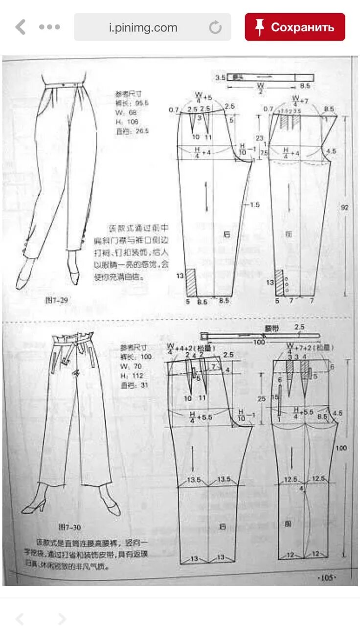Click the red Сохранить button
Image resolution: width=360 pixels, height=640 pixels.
[295, 27]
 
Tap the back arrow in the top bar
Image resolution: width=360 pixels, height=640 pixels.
[21, 27]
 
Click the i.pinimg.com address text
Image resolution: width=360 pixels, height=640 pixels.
[143, 27]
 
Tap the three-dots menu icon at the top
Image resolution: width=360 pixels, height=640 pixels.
[49, 27]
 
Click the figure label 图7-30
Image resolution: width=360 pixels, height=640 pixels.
[69, 527]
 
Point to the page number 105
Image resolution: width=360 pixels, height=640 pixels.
[326, 578]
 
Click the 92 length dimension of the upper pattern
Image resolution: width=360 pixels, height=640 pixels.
[344, 207]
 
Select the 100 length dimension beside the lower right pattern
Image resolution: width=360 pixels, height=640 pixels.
[341, 448]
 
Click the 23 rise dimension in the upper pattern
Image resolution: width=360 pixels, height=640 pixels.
[259, 138]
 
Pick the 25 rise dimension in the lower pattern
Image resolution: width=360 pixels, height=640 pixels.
[261, 399]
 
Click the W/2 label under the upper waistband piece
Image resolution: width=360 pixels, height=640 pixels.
[260, 89]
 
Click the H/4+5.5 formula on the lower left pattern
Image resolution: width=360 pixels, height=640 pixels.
[200, 417]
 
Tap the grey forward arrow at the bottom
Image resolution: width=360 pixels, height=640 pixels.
[62, 619]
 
